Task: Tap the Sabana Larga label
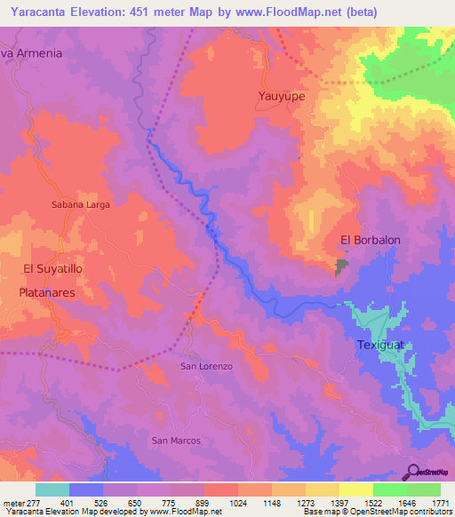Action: point(80,204)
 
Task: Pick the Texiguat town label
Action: point(381,345)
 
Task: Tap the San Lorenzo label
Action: point(206,366)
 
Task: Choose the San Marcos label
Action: point(176,441)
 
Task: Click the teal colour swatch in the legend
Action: point(52,489)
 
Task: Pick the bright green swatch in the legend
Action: point(389,489)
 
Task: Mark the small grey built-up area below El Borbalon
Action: point(342,266)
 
